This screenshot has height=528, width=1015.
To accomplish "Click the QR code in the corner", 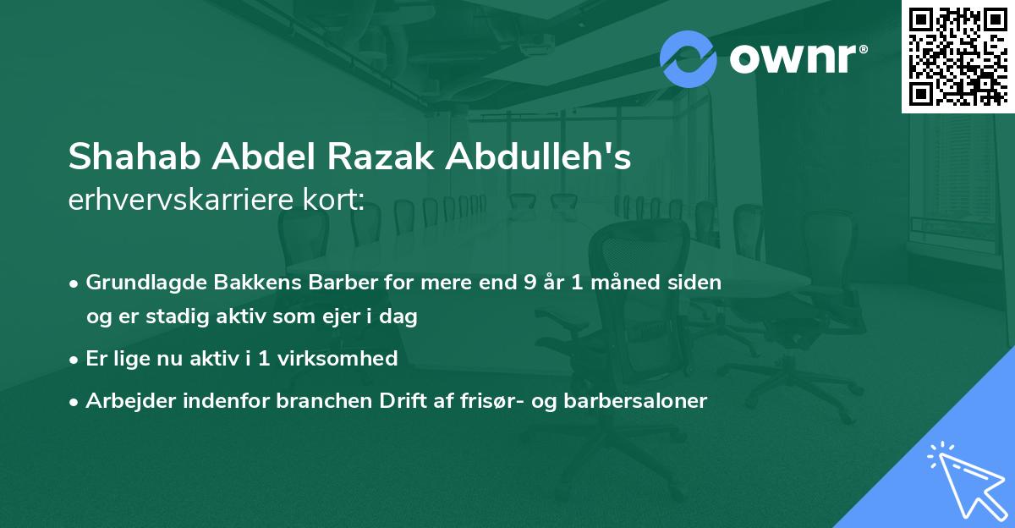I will [957, 57].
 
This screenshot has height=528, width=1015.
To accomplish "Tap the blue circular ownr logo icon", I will [689, 59].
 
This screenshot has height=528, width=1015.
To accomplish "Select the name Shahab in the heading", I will [134, 157].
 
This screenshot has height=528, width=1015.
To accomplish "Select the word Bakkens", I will [240, 283].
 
